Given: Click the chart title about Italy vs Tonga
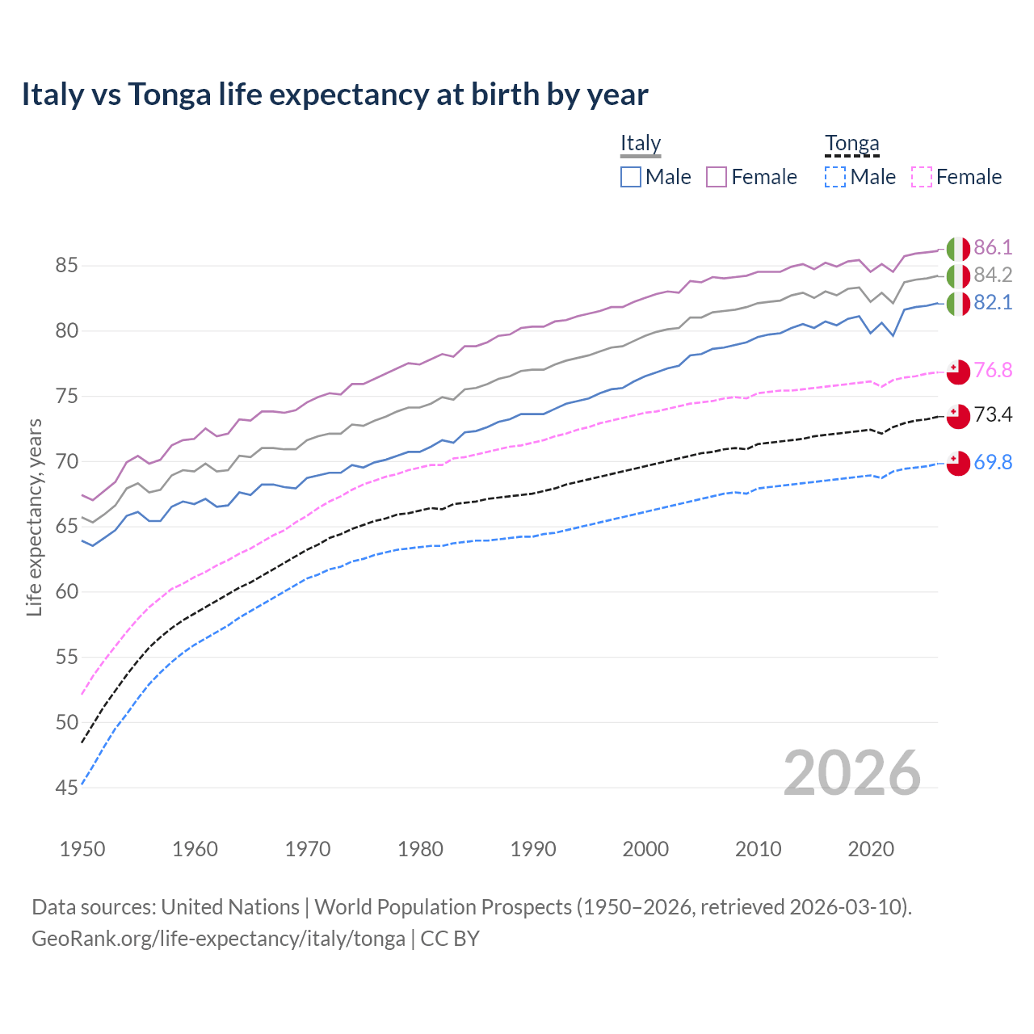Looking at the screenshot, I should point(334,95).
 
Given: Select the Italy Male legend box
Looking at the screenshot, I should point(631,177).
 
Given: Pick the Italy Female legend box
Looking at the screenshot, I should point(717,177).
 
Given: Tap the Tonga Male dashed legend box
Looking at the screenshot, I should point(835,177).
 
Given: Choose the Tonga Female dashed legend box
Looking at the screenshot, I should point(922,177).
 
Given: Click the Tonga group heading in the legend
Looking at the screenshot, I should point(851,144).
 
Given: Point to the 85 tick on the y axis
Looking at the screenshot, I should point(67,266).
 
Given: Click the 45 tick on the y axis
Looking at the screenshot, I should point(67,788).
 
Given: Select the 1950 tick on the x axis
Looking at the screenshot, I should point(82,849).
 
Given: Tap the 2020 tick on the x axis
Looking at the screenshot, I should point(871,849).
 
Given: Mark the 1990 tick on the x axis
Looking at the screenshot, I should point(533,849).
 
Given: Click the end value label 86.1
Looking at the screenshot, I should point(993,248).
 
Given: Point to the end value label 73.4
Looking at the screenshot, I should point(993,415).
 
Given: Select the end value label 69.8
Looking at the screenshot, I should point(993,463).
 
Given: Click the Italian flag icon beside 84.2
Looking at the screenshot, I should point(958,276).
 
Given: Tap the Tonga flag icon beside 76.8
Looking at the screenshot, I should point(958,371).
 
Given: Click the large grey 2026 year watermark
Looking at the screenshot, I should point(851,773).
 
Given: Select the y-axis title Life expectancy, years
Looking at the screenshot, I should point(35,517).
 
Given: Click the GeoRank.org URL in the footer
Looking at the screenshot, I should point(218,939).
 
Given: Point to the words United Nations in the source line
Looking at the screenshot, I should point(230,907).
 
